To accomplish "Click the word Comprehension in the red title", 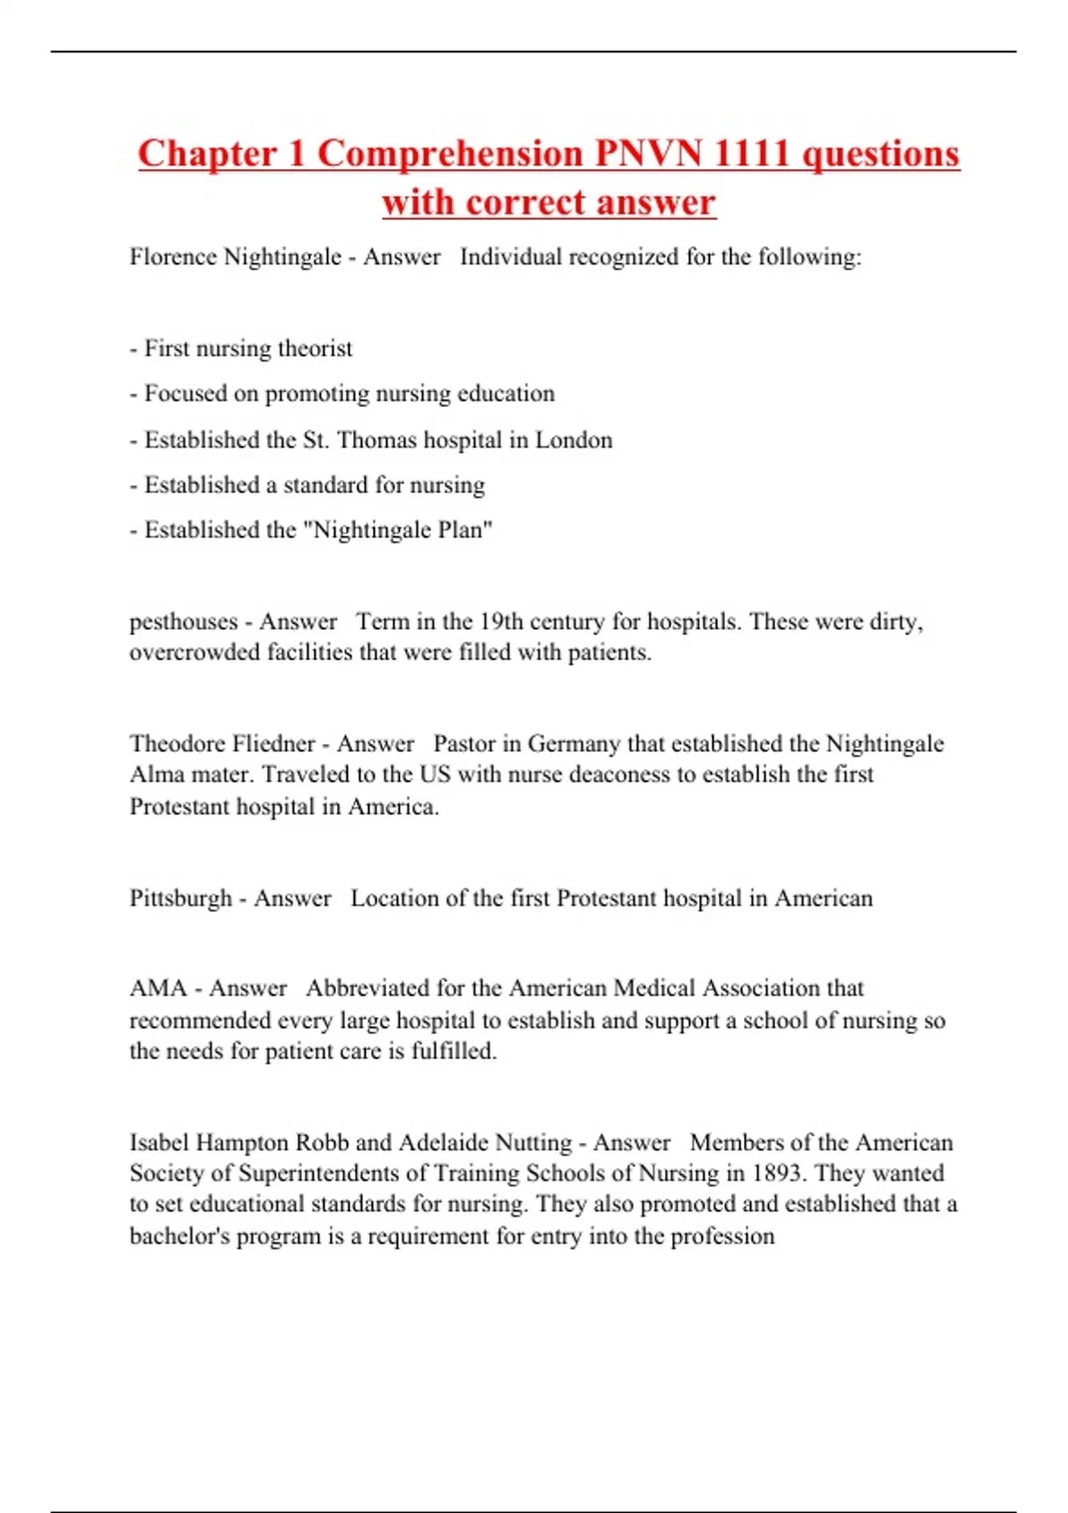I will pyautogui.click(x=449, y=154).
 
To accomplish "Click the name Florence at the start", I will pyautogui.click(x=174, y=257).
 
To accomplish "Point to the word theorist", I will pyautogui.click(x=315, y=348).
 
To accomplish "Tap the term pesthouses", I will pyautogui.click(x=183, y=621).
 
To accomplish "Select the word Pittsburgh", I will pyautogui.click(x=181, y=898).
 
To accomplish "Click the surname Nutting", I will pyautogui.click(x=533, y=1143).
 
